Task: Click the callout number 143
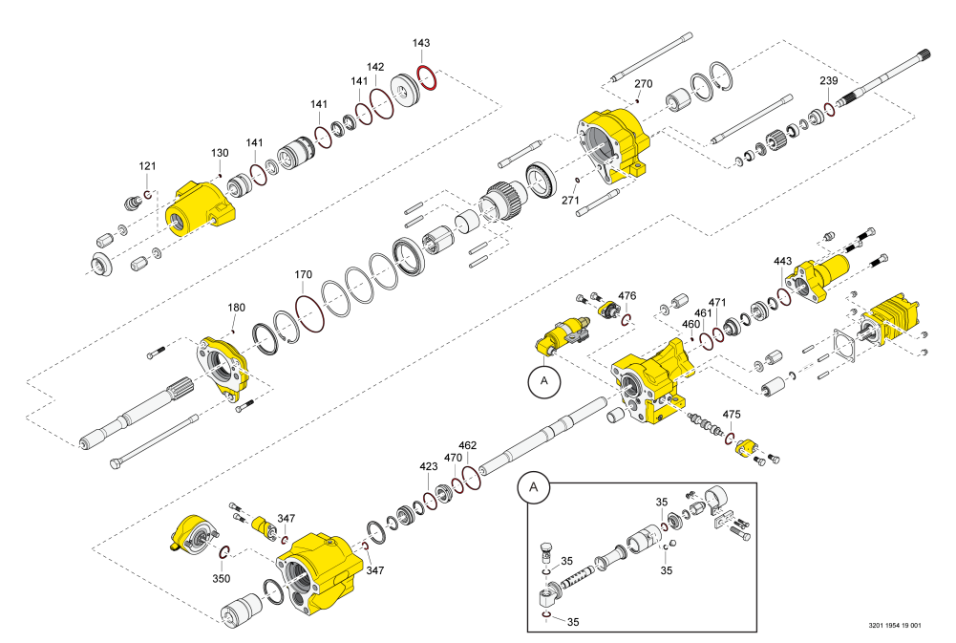(421, 44)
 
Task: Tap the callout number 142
(375, 67)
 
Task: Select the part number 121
(147, 166)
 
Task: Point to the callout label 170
(303, 275)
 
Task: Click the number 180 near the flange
(236, 308)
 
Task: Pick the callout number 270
(644, 84)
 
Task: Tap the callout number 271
(570, 201)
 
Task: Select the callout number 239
(828, 80)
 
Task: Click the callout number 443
(782, 261)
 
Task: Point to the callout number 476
(627, 296)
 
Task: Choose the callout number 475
(732, 415)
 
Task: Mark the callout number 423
(429, 467)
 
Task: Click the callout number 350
(222, 579)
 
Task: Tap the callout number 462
(467, 445)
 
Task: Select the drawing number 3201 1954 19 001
(895, 626)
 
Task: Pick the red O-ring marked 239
(829, 108)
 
